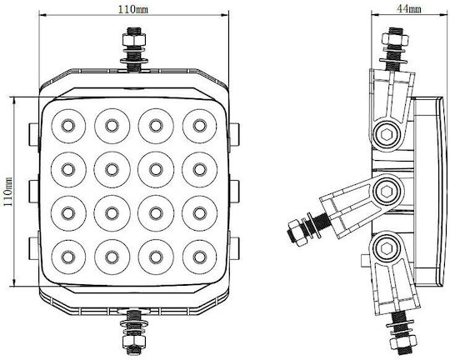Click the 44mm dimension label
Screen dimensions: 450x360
pos(409,9)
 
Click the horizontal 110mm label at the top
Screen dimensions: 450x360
pos(133,9)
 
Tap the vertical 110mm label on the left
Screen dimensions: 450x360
pos(7,191)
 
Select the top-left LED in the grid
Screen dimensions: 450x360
pos(68,126)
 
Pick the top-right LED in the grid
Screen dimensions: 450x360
pos(200,126)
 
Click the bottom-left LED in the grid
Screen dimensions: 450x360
pos(68,257)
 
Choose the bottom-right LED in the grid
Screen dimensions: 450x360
pos(200,257)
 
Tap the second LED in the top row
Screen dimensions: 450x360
pos(112,126)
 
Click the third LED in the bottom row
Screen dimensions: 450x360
pos(156,257)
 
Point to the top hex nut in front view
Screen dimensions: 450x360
pos(133,39)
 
